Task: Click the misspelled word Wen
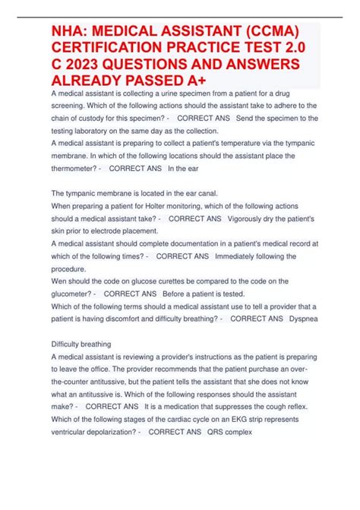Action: pyautogui.click(x=59, y=280)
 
